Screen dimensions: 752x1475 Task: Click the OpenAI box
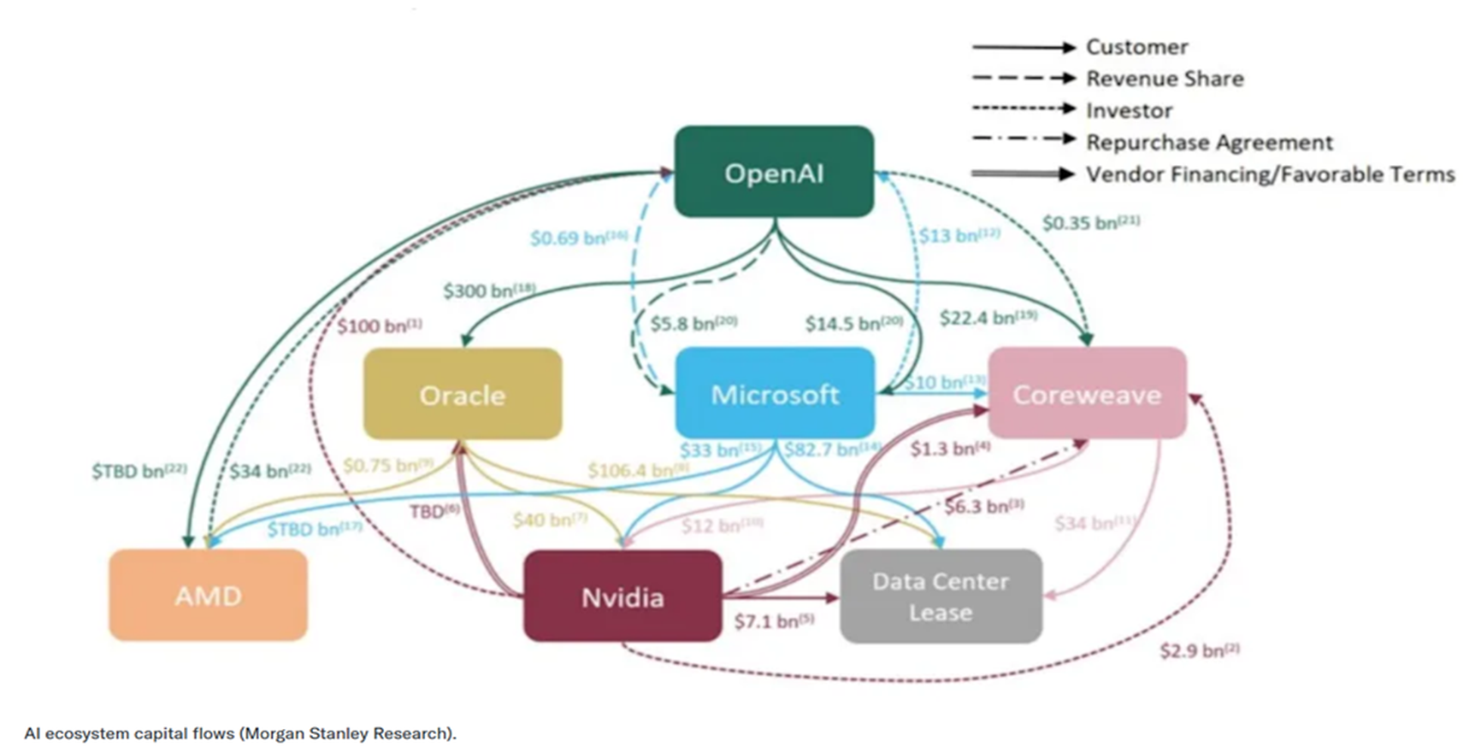[x=774, y=172]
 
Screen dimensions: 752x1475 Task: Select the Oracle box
[x=463, y=394]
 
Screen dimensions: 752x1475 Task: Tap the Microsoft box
[x=775, y=394]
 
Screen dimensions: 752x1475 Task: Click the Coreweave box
[x=1087, y=394]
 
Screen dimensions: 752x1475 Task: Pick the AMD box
[x=208, y=595]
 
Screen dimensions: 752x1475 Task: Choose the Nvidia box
[x=622, y=596]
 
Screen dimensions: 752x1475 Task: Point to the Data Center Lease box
[x=941, y=596]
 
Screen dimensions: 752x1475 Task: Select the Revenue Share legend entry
[x=1165, y=79]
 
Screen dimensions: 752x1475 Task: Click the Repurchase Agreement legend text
[x=1209, y=142]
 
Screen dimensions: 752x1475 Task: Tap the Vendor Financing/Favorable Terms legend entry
[x=1270, y=174]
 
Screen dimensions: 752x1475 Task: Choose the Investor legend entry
[x=1129, y=110]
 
